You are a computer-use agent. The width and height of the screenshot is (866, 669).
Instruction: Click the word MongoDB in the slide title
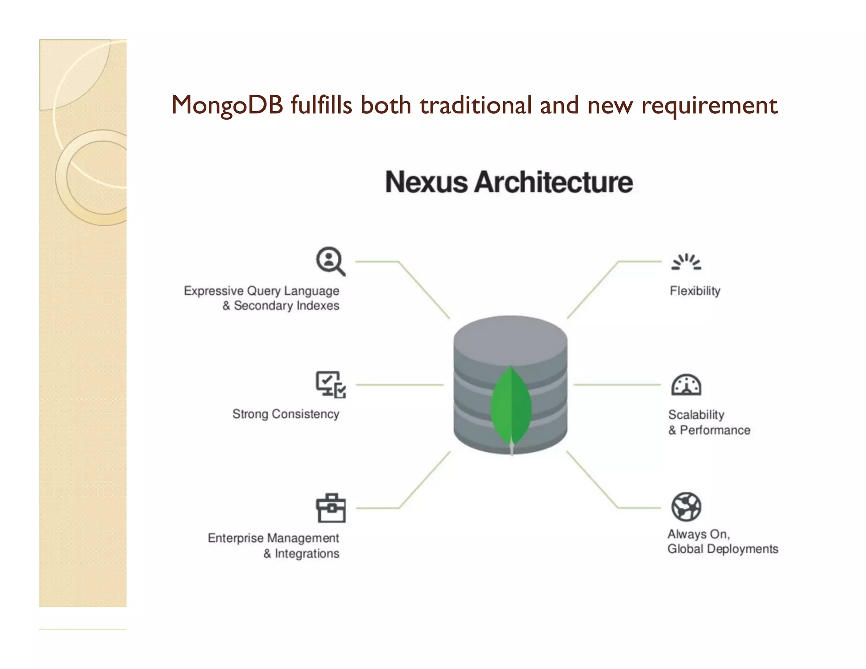(227, 105)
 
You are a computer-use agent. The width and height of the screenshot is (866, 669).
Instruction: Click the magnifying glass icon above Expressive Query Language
(330, 261)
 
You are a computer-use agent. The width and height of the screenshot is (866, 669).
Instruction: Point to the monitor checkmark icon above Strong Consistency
(331, 384)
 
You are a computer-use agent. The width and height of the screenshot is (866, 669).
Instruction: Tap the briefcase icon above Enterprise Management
(331, 508)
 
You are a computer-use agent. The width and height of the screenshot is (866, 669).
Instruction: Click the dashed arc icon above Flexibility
(686, 262)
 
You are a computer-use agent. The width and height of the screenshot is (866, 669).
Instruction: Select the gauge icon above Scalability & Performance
(686, 385)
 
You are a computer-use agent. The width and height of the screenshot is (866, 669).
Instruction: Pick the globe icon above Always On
(686, 507)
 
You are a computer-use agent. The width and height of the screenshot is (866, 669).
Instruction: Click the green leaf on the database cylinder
(511, 406)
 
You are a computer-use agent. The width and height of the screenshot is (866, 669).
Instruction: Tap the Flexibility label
(695, 291)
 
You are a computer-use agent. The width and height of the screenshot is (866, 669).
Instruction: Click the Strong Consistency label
(285, 414)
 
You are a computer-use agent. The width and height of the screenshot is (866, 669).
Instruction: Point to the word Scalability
(696, 415)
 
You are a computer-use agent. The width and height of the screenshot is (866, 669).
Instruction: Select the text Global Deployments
(723, 549)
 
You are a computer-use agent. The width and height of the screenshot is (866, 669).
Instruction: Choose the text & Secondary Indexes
(281, 305)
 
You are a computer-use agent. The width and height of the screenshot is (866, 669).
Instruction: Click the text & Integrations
(301, 554)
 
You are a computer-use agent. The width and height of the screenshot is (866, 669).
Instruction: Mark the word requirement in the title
(709, 105)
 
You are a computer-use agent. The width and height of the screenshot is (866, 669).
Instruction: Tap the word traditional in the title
(475, 105)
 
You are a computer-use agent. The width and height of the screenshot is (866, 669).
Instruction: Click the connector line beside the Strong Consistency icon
(400, 385)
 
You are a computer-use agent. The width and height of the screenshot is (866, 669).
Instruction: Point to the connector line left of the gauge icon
(617, 385)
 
